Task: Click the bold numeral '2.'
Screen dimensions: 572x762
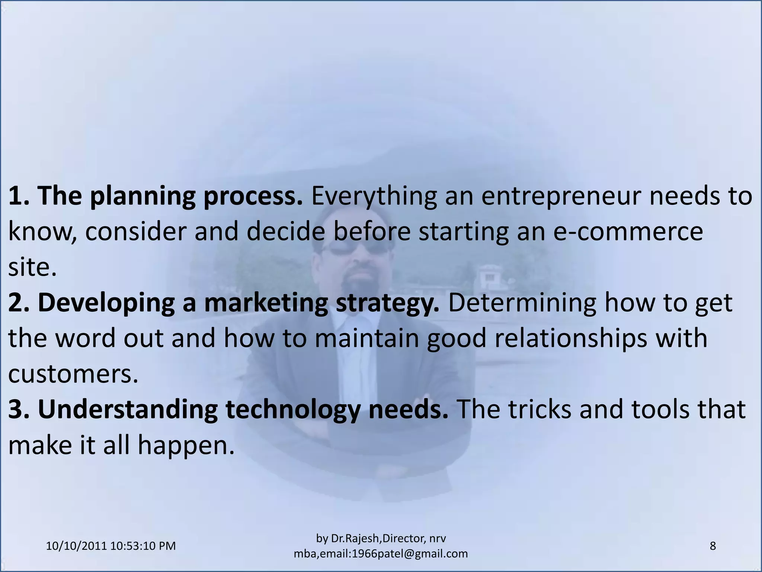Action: click(x=22, y=302)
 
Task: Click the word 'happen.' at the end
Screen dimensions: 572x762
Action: click(x=186, y=445)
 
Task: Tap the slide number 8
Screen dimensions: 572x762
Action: click(x=713, y=546)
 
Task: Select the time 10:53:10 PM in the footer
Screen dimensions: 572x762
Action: click(x=143, y=546)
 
